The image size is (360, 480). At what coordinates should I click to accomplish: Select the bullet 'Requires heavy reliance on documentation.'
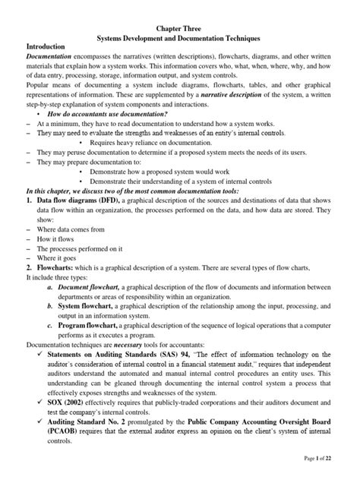tap(153, 163)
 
